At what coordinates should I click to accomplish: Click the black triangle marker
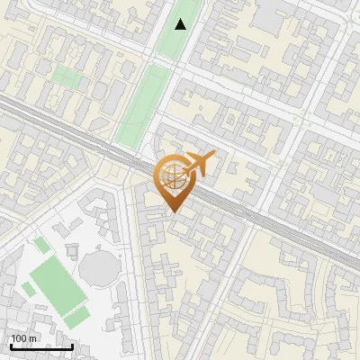pyautogui.click(x=181, y=24)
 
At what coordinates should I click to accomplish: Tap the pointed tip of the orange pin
pyautogui.click(x=172, y=212)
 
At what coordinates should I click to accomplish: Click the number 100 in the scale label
pyautogui.click(x=19, y=338)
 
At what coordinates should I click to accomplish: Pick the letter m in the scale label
pyautogui.click(x=33, y=338)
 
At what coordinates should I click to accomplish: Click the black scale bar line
pyautogui.click(x=40, y=346)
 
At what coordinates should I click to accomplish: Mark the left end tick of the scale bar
pyautogui.click(x=9, y=345)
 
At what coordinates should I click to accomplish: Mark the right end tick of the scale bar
pyautogui.click(x=72, y=345)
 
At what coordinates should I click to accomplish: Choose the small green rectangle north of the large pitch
pyautogui.click(x=41, y=245)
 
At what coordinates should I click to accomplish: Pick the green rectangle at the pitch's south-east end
pyautogui.click(x=77, y=316)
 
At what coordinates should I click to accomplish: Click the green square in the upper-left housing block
pyautogui.click(x=66, y=76)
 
